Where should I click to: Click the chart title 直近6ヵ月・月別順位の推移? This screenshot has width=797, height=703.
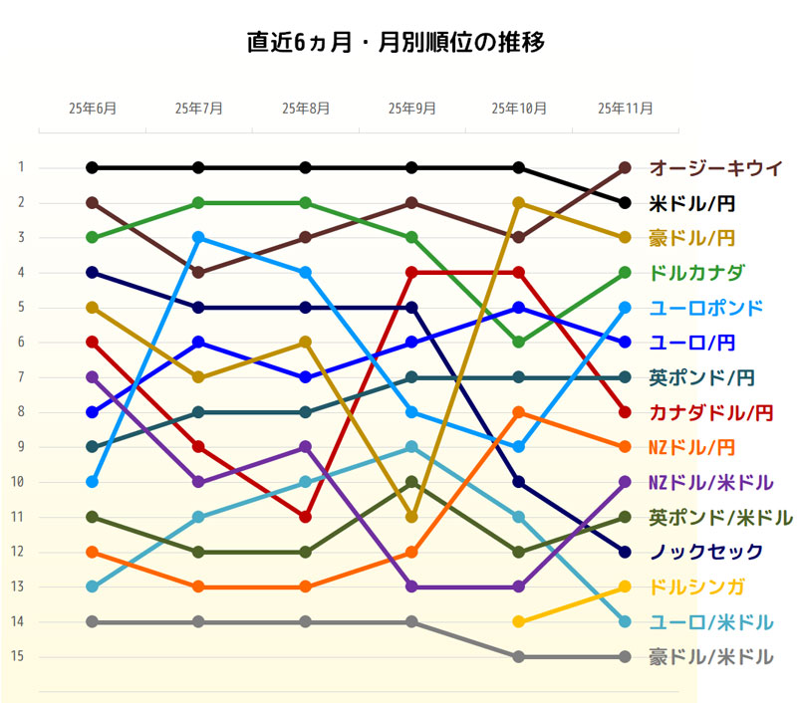click(396, 43)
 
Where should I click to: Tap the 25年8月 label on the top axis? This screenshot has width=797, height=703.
click(306, 108)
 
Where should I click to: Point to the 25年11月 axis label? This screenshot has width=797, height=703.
click(625, 108)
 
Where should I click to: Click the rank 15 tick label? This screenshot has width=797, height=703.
click(19, 656)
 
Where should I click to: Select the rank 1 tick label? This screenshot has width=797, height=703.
click(19, 167)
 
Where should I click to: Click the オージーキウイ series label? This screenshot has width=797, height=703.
click(715, 167)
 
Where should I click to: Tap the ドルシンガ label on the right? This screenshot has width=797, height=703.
click(696, 586)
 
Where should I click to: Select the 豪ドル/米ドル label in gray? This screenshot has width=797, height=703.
click(710, 657)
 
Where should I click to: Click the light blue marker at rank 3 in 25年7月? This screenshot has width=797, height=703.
click(198, 237)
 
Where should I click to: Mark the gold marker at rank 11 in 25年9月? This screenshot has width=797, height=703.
click(411, 517)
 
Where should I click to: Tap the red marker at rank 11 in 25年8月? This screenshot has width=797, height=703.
click(305, 517)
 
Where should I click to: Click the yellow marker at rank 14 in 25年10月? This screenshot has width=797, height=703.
click(518, 621)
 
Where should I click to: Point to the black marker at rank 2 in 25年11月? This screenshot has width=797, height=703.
click(625, 203)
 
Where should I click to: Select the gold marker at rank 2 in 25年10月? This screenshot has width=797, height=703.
click(518, 202)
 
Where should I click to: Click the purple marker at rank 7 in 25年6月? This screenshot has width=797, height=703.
click(92, 377)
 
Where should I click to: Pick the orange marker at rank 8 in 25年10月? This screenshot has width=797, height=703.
click(518, 412)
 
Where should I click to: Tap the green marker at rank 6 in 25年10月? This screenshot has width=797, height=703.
click(518, 342)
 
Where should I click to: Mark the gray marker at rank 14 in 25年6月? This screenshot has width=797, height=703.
click(92, 621)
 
